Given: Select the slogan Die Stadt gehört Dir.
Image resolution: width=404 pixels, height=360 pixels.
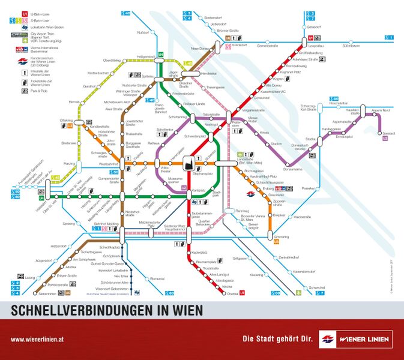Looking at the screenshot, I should (277, 339).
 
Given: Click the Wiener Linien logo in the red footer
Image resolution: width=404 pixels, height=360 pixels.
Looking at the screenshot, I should (355, 339).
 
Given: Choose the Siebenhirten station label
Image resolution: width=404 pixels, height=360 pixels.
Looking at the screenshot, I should (47, 294).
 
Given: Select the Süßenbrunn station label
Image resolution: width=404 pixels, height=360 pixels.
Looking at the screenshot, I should (351, 46).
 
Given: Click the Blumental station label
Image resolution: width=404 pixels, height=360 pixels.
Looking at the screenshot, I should (157, 278).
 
